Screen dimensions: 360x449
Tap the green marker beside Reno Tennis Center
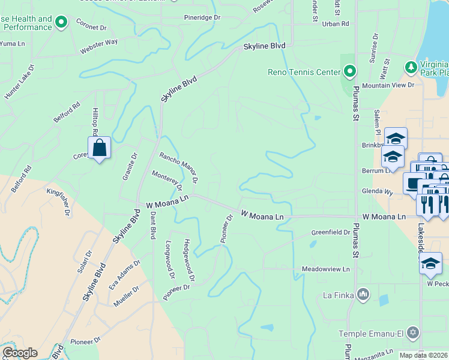click(350, 73)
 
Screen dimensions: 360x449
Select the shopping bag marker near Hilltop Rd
click(99, 148)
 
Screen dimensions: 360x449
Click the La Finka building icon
click(363, 295)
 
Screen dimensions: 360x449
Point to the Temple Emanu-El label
click(372, 333)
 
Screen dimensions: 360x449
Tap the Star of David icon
click(412, 332)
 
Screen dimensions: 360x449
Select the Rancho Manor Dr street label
click(178, 167)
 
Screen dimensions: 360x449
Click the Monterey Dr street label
click(167, 180)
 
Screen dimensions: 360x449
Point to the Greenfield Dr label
click(330, 232)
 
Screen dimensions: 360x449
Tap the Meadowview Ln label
click(325, 269)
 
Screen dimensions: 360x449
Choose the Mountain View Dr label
click(388, 85)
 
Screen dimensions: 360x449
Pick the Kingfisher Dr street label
click(58, 201)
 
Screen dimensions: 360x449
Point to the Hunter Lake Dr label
click(20, 82)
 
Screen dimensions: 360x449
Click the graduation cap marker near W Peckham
click(430, 263)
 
